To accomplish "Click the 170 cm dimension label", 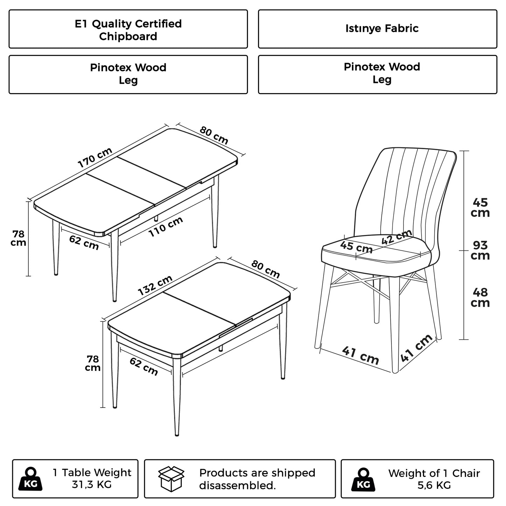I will [95, 158].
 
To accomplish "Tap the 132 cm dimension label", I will [155, 285].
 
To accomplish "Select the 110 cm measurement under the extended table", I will [166, 227].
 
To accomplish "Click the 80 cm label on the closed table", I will [266, 270].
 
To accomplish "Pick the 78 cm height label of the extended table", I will [18, 238].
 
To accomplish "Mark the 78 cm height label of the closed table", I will [93, 363].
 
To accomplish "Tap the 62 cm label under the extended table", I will [84, 242].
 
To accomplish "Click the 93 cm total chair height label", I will [480, 250].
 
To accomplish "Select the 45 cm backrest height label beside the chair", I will [480, 208].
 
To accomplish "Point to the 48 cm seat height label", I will [480, 297].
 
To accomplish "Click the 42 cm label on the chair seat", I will [396, 238].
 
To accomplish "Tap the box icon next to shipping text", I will [171, 479].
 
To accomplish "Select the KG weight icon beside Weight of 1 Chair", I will [363, 479].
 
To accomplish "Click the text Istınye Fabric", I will [382, 28].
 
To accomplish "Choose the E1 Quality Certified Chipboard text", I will [128, 30].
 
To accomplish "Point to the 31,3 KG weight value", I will [92, 485].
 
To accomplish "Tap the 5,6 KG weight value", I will [434, 485].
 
